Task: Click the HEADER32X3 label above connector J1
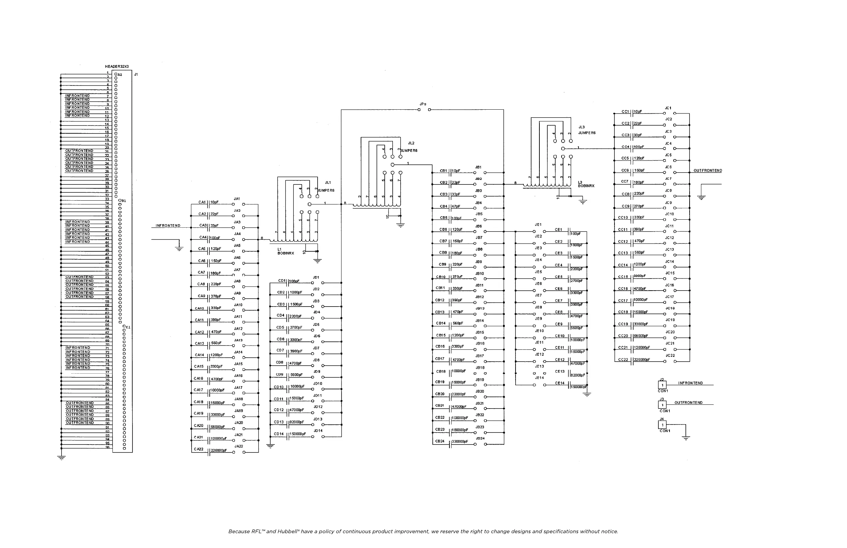pyautogui.click(x=117, y=66)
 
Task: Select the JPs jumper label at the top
pyautogui.click(x=423, y=104)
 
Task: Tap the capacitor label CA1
pyautogui.click(x=202, y=202)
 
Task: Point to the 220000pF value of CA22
pyautogui.click(x=219, y=450)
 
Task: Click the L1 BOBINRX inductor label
pyautogui.click(x=285, y=252)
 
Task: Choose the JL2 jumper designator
pyautogui.click(x=411, y=143)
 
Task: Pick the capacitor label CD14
pyautogui.click(x=279, y=434)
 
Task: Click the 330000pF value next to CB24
pyautogui.click(x=460, y=441)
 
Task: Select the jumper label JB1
pyautogui.click(x=478, y=167)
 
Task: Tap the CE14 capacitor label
pyautogui.click(x=559, y=383)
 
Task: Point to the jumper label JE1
pyautogui.click(x=538, y=225)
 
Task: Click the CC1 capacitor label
pyautogui.click(x=625, y=111)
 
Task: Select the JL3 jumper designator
pyautogui.click(x=582, y=127)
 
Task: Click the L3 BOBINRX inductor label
pyautogui.click(x=586, y=184)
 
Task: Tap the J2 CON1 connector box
pyautogui.click(x=662, y=385)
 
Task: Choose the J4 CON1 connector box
pyautogui.click(x=662, y=425)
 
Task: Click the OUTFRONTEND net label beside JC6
pyautogui.click(x=708, y=171)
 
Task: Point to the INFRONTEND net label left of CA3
pyautogui.click(x=168, y=226)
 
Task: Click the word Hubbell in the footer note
pyautogui.click(x=288, y=532)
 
